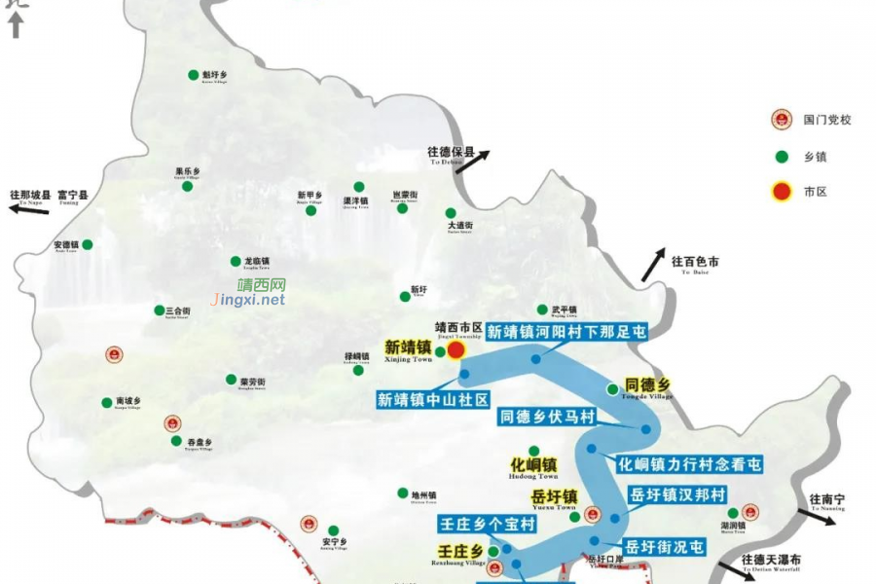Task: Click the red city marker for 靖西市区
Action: (x=455, y=350)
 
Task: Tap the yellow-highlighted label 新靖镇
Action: (x=408, y=346)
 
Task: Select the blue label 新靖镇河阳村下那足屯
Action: (x=566, y=332)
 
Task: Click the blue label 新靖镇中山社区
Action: (x=432, y=399)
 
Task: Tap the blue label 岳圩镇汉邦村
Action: (x=676, y=494)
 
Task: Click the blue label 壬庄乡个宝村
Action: (x=488, y=525)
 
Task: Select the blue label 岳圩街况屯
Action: (x=663, y=547)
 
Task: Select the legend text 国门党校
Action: (x=827, y=120)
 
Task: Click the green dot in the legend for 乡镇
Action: (x=781, y=157)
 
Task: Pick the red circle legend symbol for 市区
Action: (x=781, y=192)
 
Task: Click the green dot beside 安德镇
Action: (x=88, y=244)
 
